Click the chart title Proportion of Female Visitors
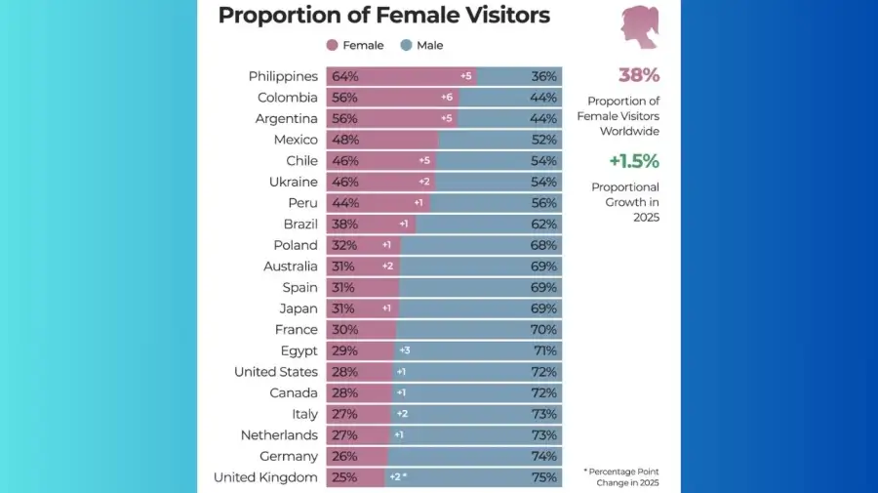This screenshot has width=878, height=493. (x=383, y=16)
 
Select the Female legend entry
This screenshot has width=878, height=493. (x=355, y=45)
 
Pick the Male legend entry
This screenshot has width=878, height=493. (x=421, y=45)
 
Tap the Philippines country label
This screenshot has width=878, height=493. (x=283, y=76)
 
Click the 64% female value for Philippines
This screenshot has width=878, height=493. (x=344, y=76)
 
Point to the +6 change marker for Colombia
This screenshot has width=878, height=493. (x=447, y=98)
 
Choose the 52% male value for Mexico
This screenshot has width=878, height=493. (x=544, y=140)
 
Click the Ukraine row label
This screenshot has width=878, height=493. (x=294, y=182)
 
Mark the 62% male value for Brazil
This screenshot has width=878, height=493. (x=544, y=224)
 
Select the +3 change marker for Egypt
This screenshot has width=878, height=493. (x=403, y=350)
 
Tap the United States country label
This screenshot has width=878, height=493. (x=276, y=372)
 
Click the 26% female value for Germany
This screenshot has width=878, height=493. (x=344, y=456)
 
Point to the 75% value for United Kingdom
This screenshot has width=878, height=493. (x=544, y=477)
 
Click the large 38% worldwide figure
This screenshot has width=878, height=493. (x=639, y=75)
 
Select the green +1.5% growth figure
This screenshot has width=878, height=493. (x=634, y=161)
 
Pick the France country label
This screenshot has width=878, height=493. (x=297, y=330)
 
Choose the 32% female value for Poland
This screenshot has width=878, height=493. (x=344, y=245)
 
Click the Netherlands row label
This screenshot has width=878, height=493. (x=279, y=435)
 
